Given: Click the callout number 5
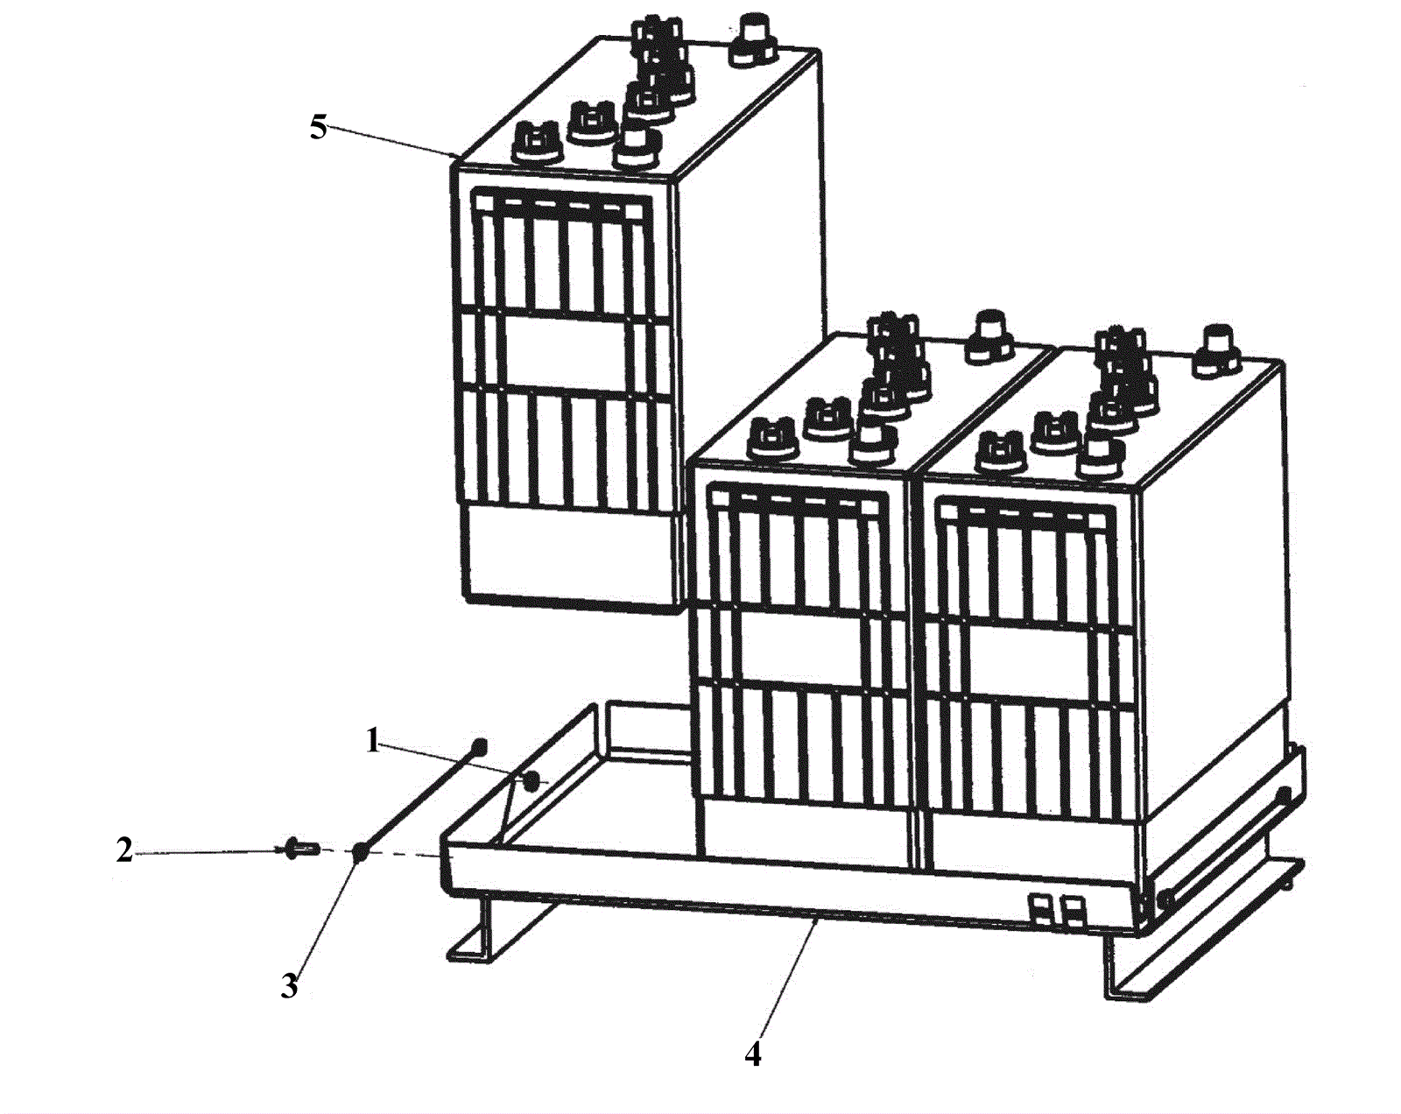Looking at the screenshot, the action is (318, 128).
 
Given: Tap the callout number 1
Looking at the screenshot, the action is (373, 743).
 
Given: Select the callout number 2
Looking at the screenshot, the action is (124, 850).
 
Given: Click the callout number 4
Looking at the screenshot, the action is (753, 1054).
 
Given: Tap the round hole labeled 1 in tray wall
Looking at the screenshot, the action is (531, 781).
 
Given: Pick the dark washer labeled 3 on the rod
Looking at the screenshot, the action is (360, 850).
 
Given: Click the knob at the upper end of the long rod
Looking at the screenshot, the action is (478, 746).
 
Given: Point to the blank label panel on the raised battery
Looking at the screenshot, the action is (567, 347).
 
